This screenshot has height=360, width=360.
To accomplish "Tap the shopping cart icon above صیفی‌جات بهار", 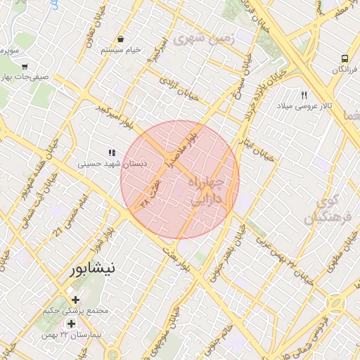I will (25, 67).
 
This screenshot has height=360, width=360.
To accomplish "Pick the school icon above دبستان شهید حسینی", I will (110, 153).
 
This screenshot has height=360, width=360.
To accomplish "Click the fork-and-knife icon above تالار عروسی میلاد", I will (304, 94).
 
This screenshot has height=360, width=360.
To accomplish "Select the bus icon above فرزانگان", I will (345, 58).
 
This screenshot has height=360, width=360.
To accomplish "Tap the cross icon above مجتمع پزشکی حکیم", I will (75, 300).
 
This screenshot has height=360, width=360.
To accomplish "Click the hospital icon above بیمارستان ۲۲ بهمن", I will (70, 324).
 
